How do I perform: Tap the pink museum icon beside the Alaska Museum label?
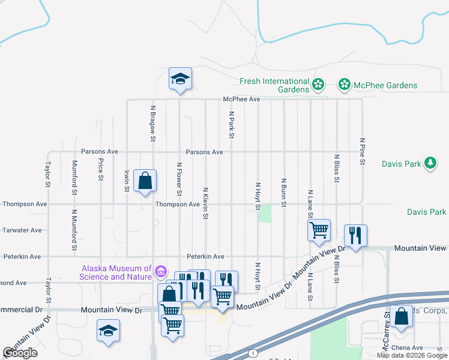[x=160, y=272]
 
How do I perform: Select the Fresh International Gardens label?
[x=274, y=85]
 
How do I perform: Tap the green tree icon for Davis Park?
[x=430, y=163]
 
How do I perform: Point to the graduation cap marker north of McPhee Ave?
[x=179, y=79]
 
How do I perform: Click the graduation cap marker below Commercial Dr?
[x=109, y=331]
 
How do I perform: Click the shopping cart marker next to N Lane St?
[x=319, y=230]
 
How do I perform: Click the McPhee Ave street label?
[x=241, y=99]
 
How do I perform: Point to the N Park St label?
[x=231, y=125]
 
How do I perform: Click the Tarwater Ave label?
[x=22, y=230]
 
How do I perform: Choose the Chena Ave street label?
[x=409, y=347]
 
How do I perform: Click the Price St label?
[x=101, y=170]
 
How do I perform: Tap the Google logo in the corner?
[x=20, y=353]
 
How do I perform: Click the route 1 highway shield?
[x=253, y=353]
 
